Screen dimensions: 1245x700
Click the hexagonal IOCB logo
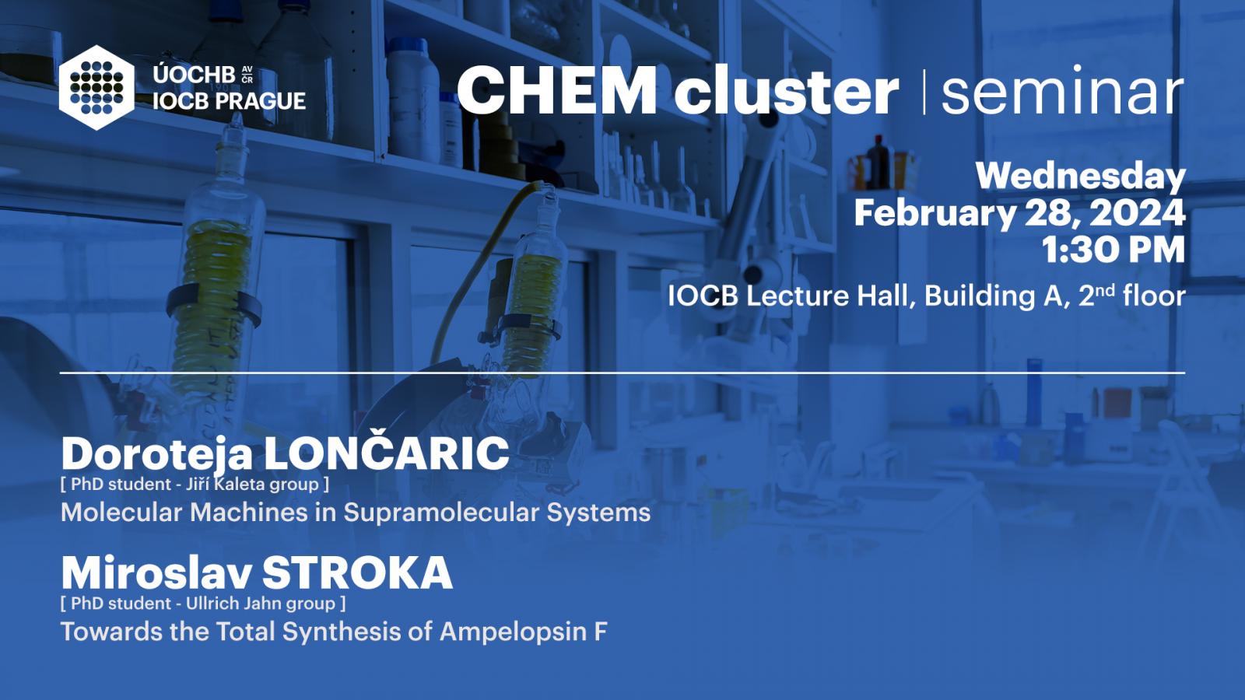tap(96, 88)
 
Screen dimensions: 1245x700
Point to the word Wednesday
tap(1081, 176)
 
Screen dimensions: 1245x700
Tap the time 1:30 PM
tap(1113, 250)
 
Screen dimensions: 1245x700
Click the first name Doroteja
tap(156, 454)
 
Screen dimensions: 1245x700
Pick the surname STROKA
tap(357, 573)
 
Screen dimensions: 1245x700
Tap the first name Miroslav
tap(156, 573)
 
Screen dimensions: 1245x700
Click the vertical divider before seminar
tap(924, 92)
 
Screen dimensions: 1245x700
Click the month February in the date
tap(935, 214)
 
